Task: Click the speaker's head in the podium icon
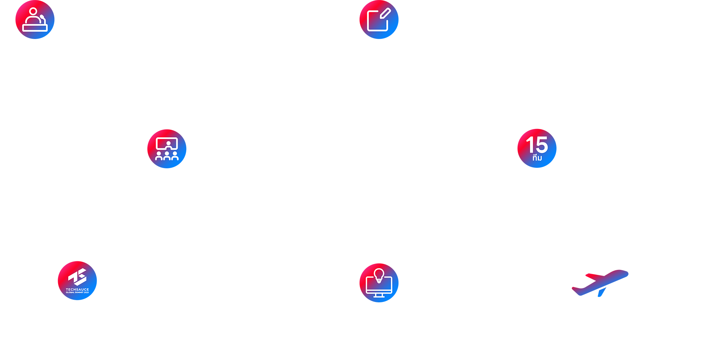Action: tap(34, 11)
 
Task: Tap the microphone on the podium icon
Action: tap(43, 18)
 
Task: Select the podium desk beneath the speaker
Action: tap(35, 28)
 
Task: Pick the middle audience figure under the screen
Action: tap(167, 156)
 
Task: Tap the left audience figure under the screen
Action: tap(159, 156)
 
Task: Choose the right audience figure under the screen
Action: tap(175, 156)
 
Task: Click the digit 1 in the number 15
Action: tap(530, 145)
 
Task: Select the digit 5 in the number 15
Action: tap(541, 145)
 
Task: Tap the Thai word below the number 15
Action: tap(537, 158)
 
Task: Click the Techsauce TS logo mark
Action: tap(78, 277)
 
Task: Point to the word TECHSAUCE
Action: tap(77, 290)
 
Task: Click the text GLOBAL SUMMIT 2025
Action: tap(77, 293)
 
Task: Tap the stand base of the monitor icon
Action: tap(379, 297)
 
